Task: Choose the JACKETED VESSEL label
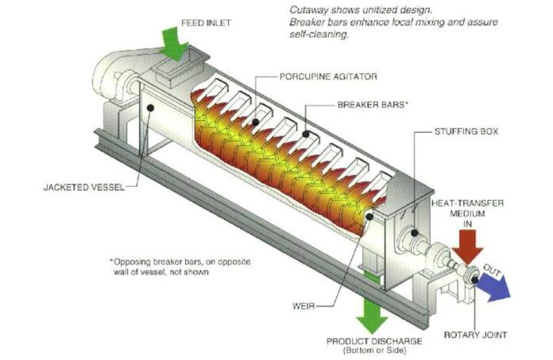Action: [x=75, y=188]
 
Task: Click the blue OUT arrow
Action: [x=493, y=285]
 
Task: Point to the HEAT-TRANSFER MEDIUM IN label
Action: [x=466, y=214]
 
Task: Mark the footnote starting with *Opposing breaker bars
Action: [x=158, y=267]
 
